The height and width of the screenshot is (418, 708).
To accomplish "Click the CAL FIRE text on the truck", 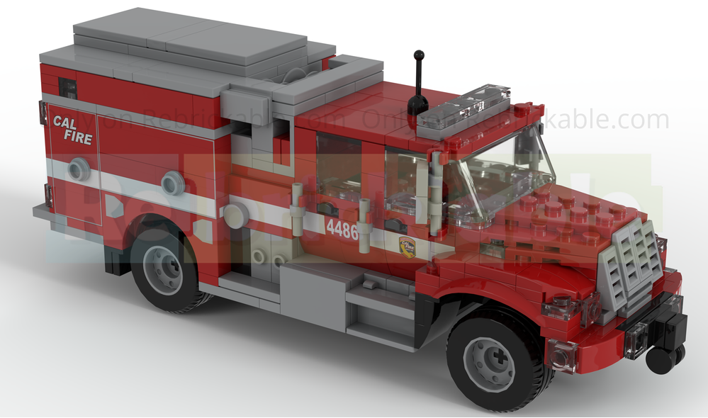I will (73, 130).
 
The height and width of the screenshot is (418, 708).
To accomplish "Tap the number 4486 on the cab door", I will (342, 229).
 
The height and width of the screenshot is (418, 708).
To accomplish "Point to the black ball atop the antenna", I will (419, 55).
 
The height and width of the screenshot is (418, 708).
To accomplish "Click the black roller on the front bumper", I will (662, 360).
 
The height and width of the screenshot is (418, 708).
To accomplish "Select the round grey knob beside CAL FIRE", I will (79, 169).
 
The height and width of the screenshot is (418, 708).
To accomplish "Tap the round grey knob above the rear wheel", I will (172, 183).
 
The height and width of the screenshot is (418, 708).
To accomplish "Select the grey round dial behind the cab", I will (235, 215).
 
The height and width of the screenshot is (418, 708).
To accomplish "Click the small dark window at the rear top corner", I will (68, 88).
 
